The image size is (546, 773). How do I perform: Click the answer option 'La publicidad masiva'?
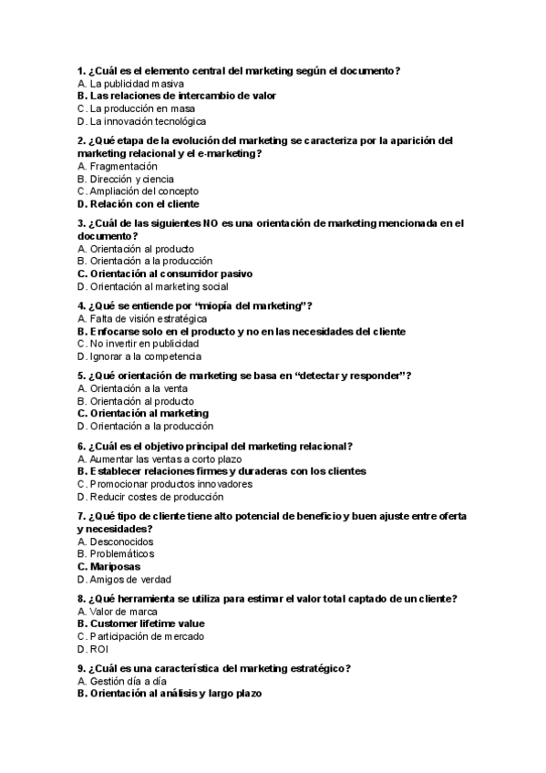tap(137, 83)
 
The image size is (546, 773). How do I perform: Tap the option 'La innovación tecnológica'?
tap(147, 121)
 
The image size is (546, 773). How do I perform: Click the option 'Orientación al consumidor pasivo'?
tap(170, 273)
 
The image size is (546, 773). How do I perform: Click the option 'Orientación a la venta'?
tap(139, 388)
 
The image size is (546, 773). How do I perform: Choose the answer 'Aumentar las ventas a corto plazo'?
tap(165, 459)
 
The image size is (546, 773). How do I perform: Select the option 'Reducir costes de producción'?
tap(156, 497)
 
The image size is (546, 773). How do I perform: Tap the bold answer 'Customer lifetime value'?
tap(147, 624)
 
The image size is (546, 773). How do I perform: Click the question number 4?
tap(81, 305)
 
